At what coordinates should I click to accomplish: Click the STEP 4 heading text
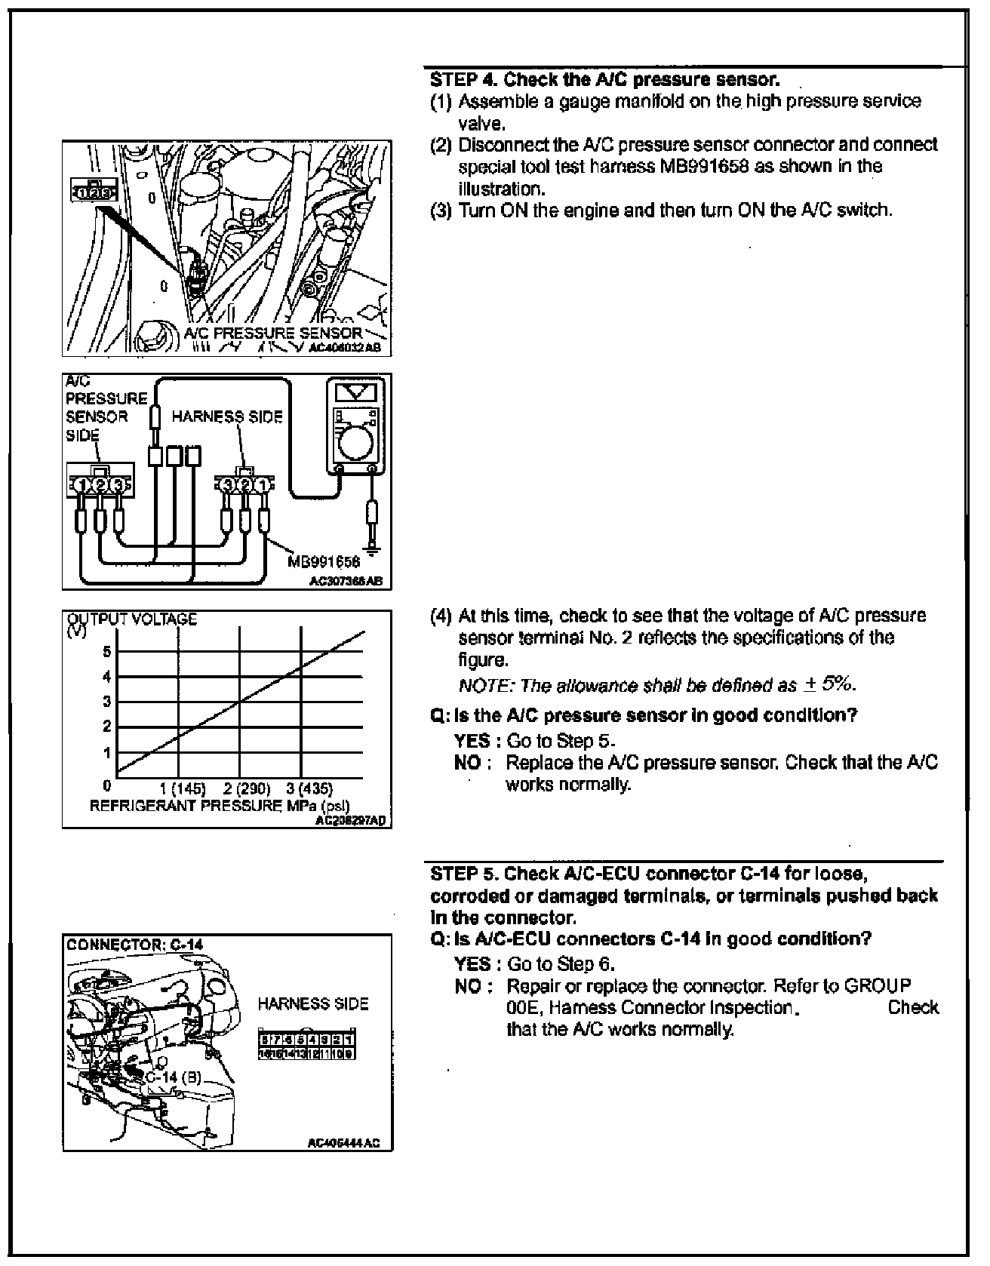pos(604,79)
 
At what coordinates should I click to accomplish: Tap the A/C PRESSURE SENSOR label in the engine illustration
pos(273,333)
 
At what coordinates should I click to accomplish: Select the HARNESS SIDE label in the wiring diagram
pos(227,416)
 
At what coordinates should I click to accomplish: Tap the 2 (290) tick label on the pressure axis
pos(247,789)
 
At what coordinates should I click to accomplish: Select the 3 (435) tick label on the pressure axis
pos(309,789)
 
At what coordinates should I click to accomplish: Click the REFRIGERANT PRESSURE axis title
pos(220,806)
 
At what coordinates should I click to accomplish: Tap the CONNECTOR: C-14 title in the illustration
pos(135,944)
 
